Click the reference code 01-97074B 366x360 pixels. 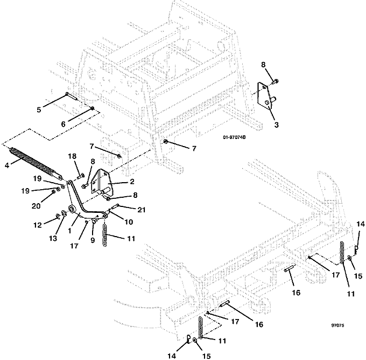[x=234, y=137]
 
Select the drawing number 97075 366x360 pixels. [x=337, y=326]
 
